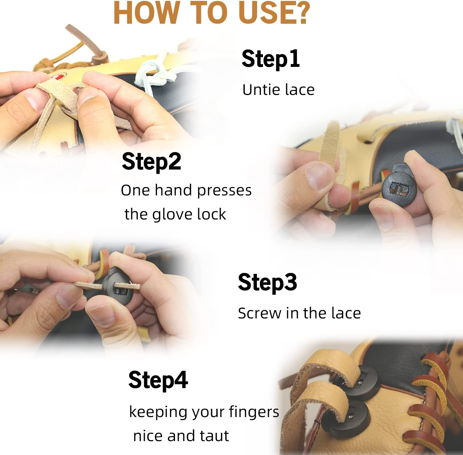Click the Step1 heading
pos(270,59)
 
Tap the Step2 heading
pos(151,162)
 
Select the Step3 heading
pos(267,282)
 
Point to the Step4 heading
pos(158,380)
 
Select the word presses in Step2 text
pos(224,191)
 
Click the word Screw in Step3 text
pos(259,314)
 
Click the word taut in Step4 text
pos(214,436)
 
